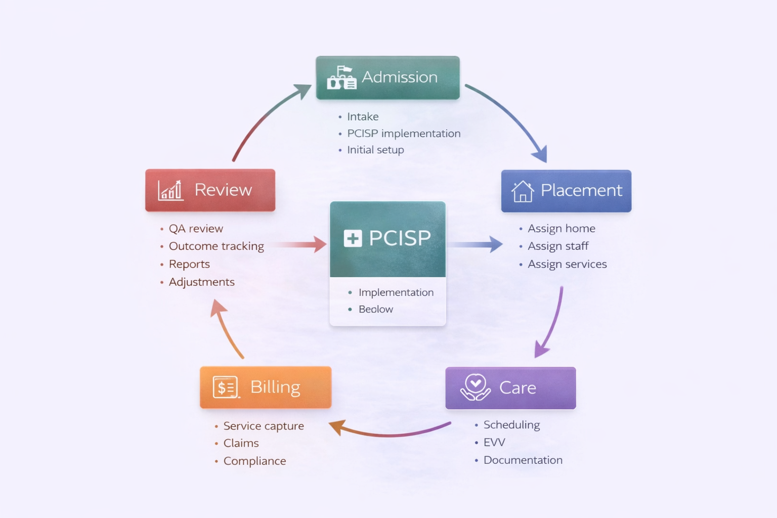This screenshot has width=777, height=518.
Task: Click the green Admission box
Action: click(387, 77)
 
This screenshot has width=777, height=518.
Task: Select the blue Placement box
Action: click(566, 191)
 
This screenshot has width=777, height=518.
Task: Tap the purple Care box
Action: click(510, 388)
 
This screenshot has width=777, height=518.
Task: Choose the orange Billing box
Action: click(266, 387)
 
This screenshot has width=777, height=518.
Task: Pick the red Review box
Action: click(210, 190)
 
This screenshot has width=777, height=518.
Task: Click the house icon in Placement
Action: click(523, 191)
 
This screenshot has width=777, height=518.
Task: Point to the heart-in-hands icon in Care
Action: click(475, 387)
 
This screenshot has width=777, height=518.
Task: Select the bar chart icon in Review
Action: click(170, 190)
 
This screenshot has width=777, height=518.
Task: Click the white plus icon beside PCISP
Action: click(353, 238)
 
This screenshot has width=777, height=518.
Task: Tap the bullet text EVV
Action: click(494, 443)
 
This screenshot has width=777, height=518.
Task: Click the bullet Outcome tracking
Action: click(216, 246)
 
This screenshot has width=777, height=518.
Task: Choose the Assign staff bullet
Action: click(558, 246)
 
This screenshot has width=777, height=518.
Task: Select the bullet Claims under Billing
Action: click(241, 443)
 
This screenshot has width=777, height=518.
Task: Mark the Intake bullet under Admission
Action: click(363, 117)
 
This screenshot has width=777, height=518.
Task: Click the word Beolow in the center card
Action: click(375, 309)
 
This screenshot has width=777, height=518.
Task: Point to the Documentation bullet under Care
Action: click(523, 460)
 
